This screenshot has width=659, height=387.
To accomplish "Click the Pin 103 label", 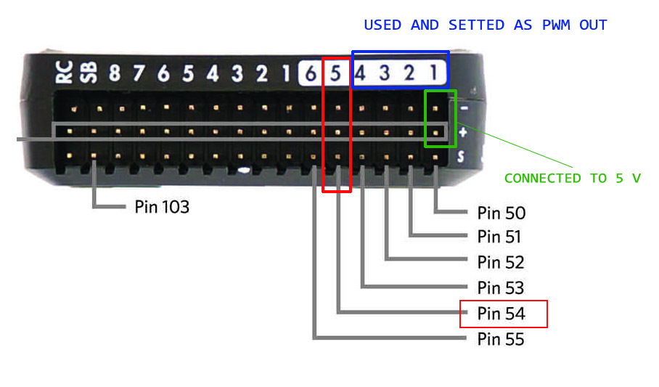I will pos(161,207).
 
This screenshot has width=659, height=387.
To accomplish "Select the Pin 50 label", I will pos(501,213).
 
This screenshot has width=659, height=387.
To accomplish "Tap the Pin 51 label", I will pos(499,237).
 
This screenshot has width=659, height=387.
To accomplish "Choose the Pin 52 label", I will pos(501,262).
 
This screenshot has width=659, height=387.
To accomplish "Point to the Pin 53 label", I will pos(501,288).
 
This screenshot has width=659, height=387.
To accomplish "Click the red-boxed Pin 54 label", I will pos(502,314).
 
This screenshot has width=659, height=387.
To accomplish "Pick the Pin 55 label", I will pos(501,339).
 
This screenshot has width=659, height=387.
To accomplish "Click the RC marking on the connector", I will pos(65,73).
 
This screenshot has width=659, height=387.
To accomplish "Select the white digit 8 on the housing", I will pos(115,73).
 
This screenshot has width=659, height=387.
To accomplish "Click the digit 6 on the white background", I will pos(310,73).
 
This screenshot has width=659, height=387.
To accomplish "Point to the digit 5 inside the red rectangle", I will pos(335,73).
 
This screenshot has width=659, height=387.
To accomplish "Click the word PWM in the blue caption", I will pos(557,25).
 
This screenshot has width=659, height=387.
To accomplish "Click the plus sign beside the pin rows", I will pos(463,132).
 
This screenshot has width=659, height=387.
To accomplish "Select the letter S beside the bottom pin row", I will pos(461,156).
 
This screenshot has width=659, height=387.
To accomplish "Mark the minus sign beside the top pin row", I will pos(463,108).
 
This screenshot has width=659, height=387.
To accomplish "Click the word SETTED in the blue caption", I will pos(476,25).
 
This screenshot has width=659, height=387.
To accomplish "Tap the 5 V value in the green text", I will pos(628,179).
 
